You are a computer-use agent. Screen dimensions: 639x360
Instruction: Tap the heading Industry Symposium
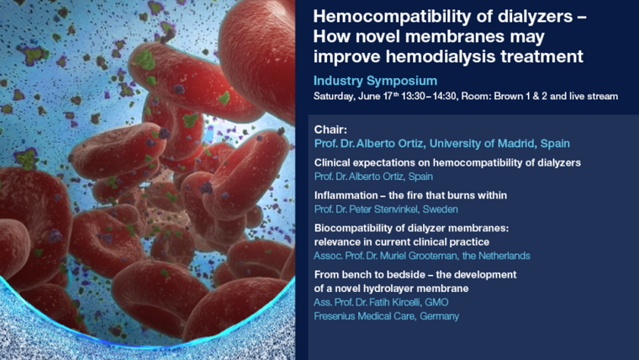375,81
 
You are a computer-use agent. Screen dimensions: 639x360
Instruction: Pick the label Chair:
330,130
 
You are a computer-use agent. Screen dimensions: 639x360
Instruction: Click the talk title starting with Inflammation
410,195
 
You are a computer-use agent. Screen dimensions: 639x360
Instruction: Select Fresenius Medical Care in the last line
365,316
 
